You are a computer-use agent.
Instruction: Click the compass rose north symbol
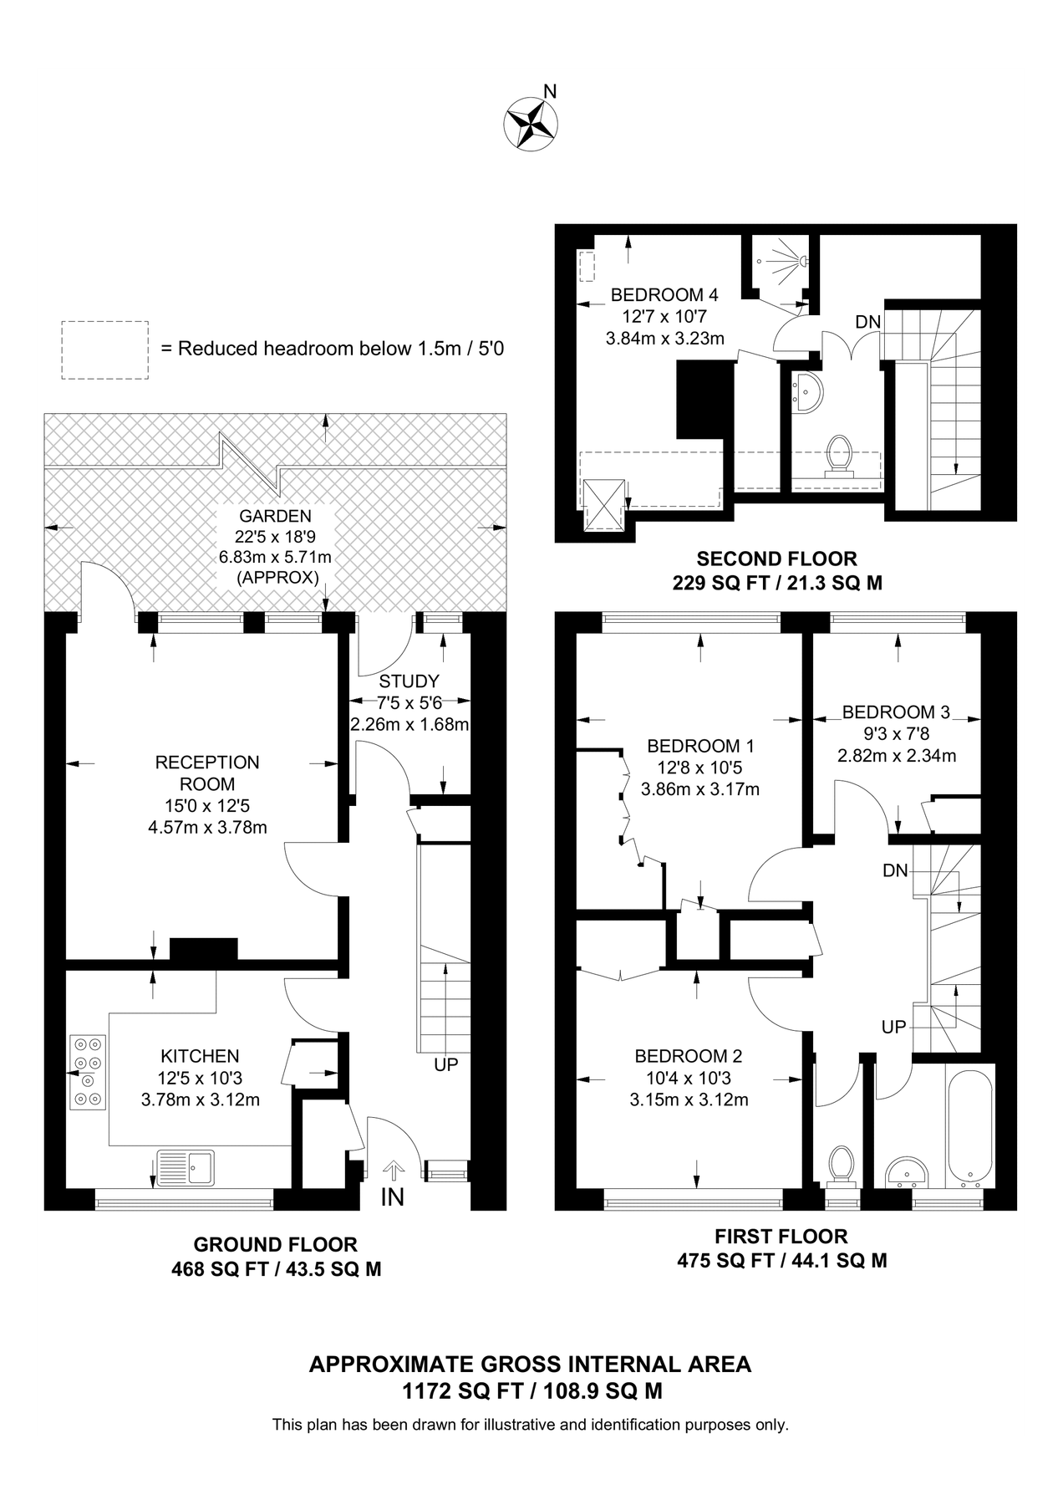coord(531,123)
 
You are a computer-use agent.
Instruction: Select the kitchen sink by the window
coord(186,1167)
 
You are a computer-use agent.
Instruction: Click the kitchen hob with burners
coord(88,1072)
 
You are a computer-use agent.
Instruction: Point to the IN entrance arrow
coord(393,1170)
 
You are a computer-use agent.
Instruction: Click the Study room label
coord(409,681)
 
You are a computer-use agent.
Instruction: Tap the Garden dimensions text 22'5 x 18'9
coord(275,538)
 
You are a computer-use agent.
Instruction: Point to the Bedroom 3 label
coord(895,712)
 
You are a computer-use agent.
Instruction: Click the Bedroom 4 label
coord(664,295)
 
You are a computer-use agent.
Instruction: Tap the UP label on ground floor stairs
coord(445,1065)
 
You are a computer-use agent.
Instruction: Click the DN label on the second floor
coord(867,322)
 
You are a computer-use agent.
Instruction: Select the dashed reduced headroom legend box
coord(105,349)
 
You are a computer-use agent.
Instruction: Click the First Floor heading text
coord(781,1236)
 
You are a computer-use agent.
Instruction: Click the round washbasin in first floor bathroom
coord(906,1171)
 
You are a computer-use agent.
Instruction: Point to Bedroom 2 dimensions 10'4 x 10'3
coord(688,1078)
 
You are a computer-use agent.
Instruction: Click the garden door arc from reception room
coord(107,584)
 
